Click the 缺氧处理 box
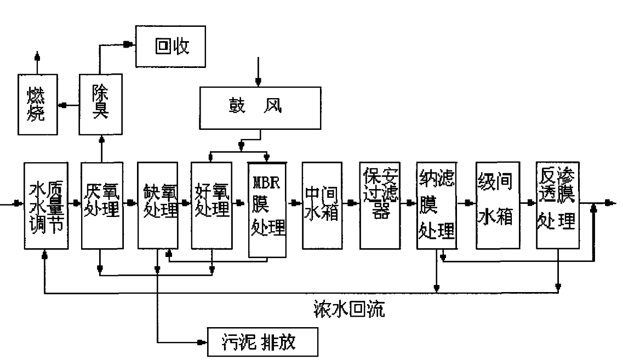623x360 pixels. click(158, 204)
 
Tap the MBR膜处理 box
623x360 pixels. click(268, 209)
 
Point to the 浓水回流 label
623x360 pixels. click(345, 311)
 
